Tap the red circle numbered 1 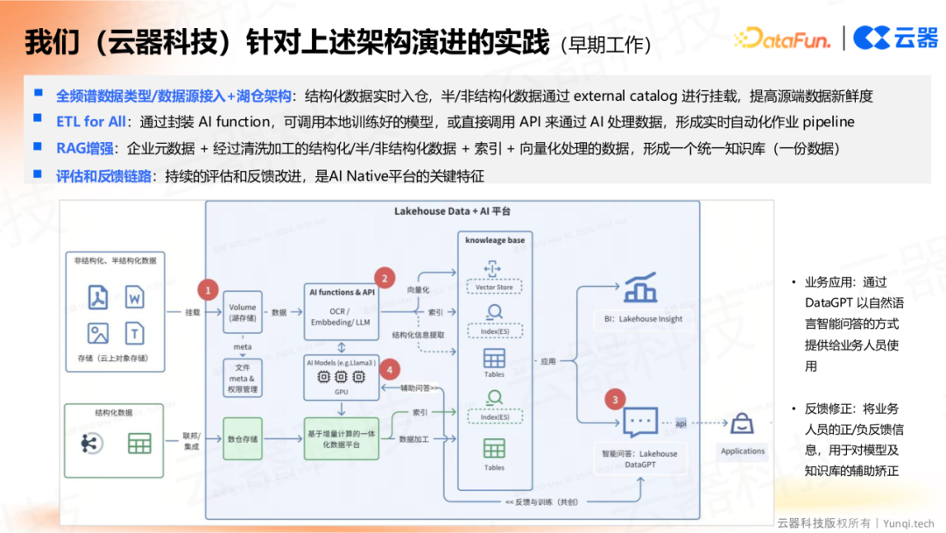(208, 288)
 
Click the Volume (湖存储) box (243, 313)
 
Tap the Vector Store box (494, 287)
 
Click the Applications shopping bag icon (742, 426)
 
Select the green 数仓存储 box (243, 438)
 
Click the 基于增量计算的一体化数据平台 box (342, 439)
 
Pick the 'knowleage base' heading (495, 240)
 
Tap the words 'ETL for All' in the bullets (91, 121)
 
